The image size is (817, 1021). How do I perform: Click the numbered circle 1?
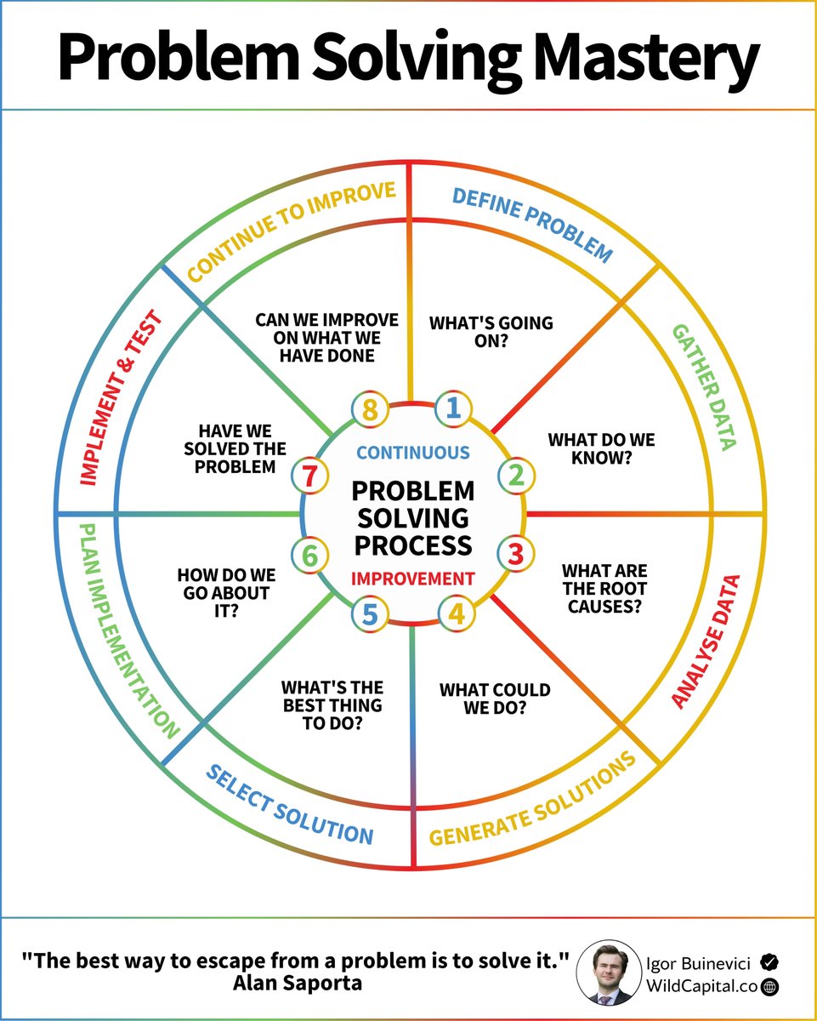[x=453, y=408]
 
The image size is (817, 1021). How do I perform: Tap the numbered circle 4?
[x=457, y=613]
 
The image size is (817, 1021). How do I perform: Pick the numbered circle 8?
[x=370, y=409]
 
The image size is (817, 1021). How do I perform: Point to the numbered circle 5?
[x=370, y=613]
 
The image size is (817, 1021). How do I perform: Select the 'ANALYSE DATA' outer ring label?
[x=706, y=642]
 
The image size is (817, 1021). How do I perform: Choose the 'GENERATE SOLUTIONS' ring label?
[x=533, y=800]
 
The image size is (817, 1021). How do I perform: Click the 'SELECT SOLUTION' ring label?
[x=290, y=804]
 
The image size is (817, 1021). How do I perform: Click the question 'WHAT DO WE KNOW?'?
[x=589, y=449]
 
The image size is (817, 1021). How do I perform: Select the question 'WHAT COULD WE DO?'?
[x=495, y=699]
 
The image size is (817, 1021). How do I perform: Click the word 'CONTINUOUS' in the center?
[x=412, y=453]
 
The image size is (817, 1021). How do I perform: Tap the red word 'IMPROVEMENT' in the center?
[x=413, y=579]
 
